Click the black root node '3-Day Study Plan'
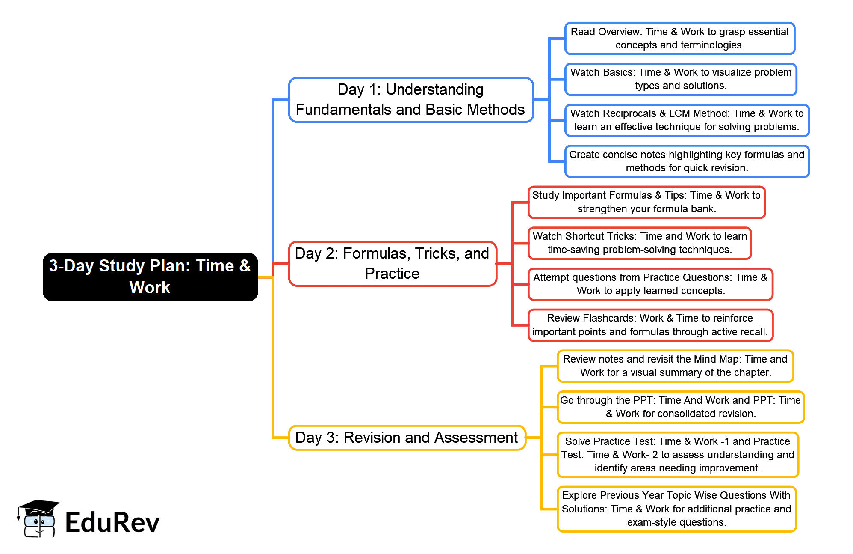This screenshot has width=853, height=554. pyautogui.click(x=150, y=277)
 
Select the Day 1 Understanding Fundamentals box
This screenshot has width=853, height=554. pyautogui.click(x=411, y=100)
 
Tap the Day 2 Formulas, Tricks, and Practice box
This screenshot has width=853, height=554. pyautogui.click(x=392, y=264)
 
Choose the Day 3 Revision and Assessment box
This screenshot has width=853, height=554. pyautogui.click(x=407, y=438)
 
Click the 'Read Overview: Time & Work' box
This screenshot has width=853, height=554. pyautogui.click(x=679, y=39)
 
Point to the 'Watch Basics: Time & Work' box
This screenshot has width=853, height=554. pyautogui.click(x=681, y=79)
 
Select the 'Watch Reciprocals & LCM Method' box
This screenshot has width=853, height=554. pyautogui.click(x=687, y=120)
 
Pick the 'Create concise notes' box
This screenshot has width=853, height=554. pyautogui.click(x=687, y=161)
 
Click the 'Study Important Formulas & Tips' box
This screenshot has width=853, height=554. pyautogui.click(x=646, y=202)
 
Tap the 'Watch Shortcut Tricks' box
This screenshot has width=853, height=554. pyautogui.click(x=640, y=243)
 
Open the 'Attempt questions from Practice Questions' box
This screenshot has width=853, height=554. pyautogui.click(x=650, y=284)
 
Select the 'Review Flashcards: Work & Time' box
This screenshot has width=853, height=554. pyautogui.click(x=650, y=325)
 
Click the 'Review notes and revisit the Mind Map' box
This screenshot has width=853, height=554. pyautogui.click(x=675, y=366)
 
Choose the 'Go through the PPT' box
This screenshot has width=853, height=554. pyautogui.click(x=680, y=407)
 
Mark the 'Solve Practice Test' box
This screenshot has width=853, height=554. pyautogui.click(x=678, y=455)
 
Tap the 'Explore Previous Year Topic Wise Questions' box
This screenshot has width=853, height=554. pyautogui.click(x=676, y=509)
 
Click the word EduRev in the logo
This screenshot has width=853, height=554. pyautogui.click(x=112, y=523)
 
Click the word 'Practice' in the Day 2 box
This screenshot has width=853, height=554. pyautogui.click(x=392, y=274)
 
